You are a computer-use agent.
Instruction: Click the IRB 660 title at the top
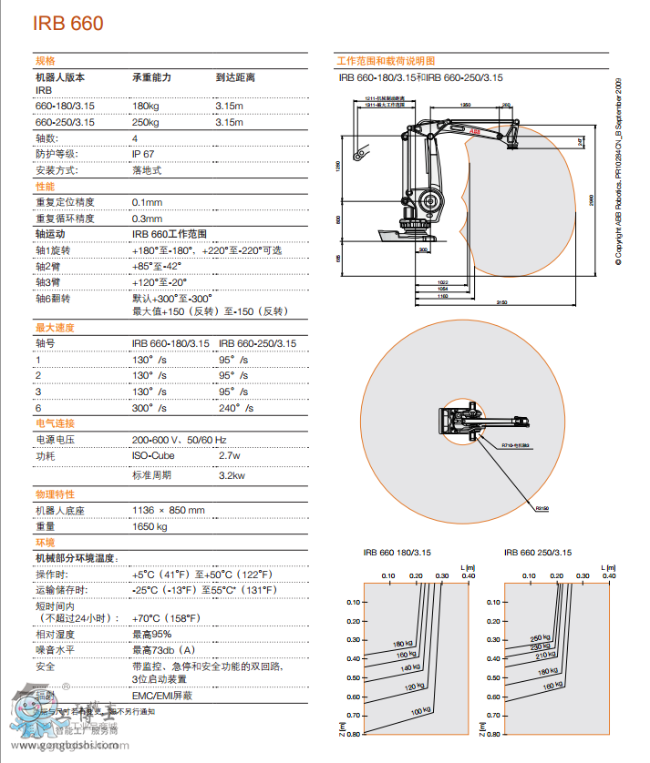[68, 24]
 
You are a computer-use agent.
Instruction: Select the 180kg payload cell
[146, 107]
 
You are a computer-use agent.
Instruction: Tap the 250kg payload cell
[146, 122]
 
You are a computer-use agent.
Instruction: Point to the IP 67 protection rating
[143, 154]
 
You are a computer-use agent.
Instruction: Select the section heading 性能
[45, 186]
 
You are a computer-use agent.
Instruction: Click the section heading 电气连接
[55, 423]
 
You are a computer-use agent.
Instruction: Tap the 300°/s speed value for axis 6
[150, 408]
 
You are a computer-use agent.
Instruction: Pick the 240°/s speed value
[235, 408]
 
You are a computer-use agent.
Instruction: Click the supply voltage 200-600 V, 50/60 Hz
[179, 440]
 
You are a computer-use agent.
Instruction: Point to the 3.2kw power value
[232, 475]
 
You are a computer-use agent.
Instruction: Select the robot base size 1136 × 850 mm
[169, 510]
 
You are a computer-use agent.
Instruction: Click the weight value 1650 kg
[150, 526]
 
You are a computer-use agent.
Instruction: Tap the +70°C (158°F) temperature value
[165, 618]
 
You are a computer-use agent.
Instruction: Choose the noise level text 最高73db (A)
[164, 650]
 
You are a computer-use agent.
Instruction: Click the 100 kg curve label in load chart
[419, 710]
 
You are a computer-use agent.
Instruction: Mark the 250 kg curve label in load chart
[540, 638]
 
